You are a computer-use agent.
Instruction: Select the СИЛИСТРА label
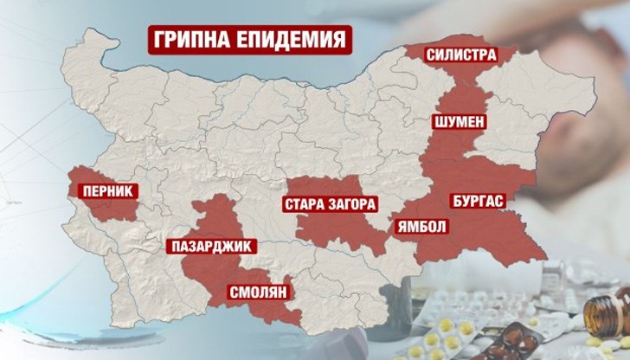[x=460, y=55]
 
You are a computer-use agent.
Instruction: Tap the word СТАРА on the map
[x=305, y=206]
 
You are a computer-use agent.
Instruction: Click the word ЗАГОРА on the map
[x=353, y=206]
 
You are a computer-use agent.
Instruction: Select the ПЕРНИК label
[x=103, y=186]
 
